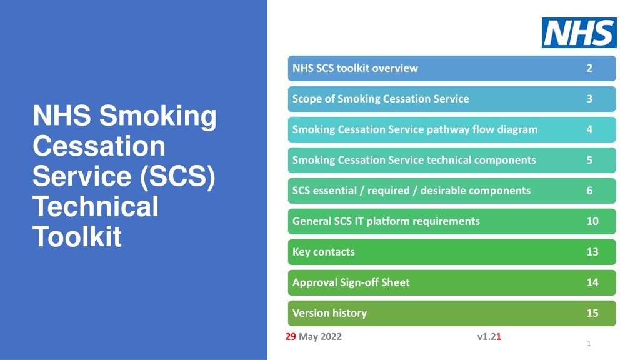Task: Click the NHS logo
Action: [x=579, y=32]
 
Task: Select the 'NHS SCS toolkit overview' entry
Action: [x=452, y=68]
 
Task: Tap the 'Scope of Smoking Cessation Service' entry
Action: [x=452, y=99]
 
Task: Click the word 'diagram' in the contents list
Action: [x=517, y=130]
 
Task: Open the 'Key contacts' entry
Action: [x=452, y=252]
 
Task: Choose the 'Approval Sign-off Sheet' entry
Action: [x=452, y=282]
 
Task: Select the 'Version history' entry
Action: [x=452, y=313]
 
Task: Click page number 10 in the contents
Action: [x=592, y=221]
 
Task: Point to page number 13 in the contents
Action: [x=592, y=252]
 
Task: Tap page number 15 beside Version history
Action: [x=592, y=313]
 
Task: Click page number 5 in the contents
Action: [x=589, y=160]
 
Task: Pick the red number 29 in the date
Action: [x=291, y=337]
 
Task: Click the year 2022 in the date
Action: [x=331, y=337]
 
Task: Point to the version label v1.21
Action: [x=489, y=337]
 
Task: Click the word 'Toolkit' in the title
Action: [x=77, y=237]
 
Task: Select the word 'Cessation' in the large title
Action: [x=99, y=146]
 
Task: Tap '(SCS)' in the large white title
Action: [x=177, y=176]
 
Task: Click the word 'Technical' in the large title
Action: [x=96, y=206]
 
